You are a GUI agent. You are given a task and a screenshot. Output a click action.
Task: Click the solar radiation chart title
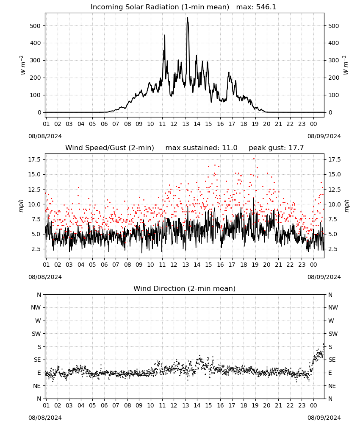pos(183,7)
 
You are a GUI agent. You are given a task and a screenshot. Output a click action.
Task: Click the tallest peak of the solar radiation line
pos(188,18)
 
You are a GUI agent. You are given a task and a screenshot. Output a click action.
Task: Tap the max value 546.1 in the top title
pos(266,7)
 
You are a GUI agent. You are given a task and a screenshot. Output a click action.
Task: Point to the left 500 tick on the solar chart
pos(35,26)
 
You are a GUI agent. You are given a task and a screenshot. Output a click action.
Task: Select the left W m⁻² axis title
pos(22,65)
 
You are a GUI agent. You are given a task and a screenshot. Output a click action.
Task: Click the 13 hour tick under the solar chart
pos(186,124)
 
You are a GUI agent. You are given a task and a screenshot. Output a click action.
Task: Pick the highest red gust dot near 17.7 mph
pos(254,159)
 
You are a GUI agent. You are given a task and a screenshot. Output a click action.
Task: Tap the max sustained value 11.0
pos(230,148)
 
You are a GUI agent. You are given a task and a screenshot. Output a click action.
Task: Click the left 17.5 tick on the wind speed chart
pos(34,159)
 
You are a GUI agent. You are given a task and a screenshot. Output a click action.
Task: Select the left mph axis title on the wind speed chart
pos(21,206)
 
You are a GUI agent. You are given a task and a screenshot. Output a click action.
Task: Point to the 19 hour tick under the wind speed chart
pos(255,265)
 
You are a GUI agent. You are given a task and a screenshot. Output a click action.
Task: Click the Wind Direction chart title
pos(185,288)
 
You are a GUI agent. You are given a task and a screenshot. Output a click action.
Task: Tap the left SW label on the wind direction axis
pos(36,334)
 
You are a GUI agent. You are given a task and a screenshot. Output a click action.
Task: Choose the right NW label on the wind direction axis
pos(333,307)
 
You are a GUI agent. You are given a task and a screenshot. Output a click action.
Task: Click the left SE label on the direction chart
pos(37,360)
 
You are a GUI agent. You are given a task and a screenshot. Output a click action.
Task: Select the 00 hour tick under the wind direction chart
pos(313,405)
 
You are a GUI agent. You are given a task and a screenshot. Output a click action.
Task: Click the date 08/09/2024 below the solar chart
pos(324,136)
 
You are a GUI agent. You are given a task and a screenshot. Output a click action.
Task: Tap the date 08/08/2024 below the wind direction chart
pos(45,418)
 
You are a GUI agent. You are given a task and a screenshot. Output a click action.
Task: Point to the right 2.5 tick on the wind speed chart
pos(332,249)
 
